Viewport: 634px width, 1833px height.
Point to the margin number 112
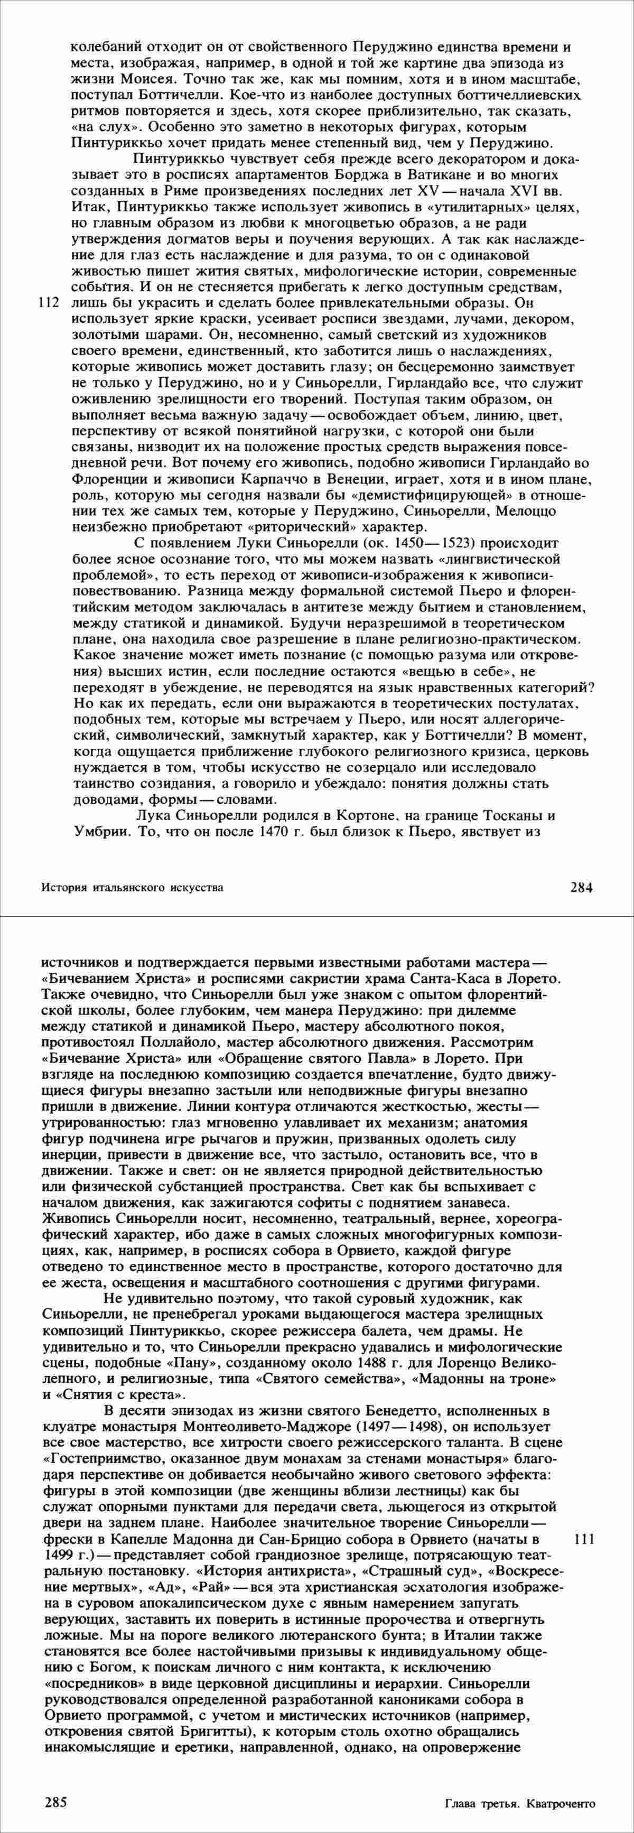48,302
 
